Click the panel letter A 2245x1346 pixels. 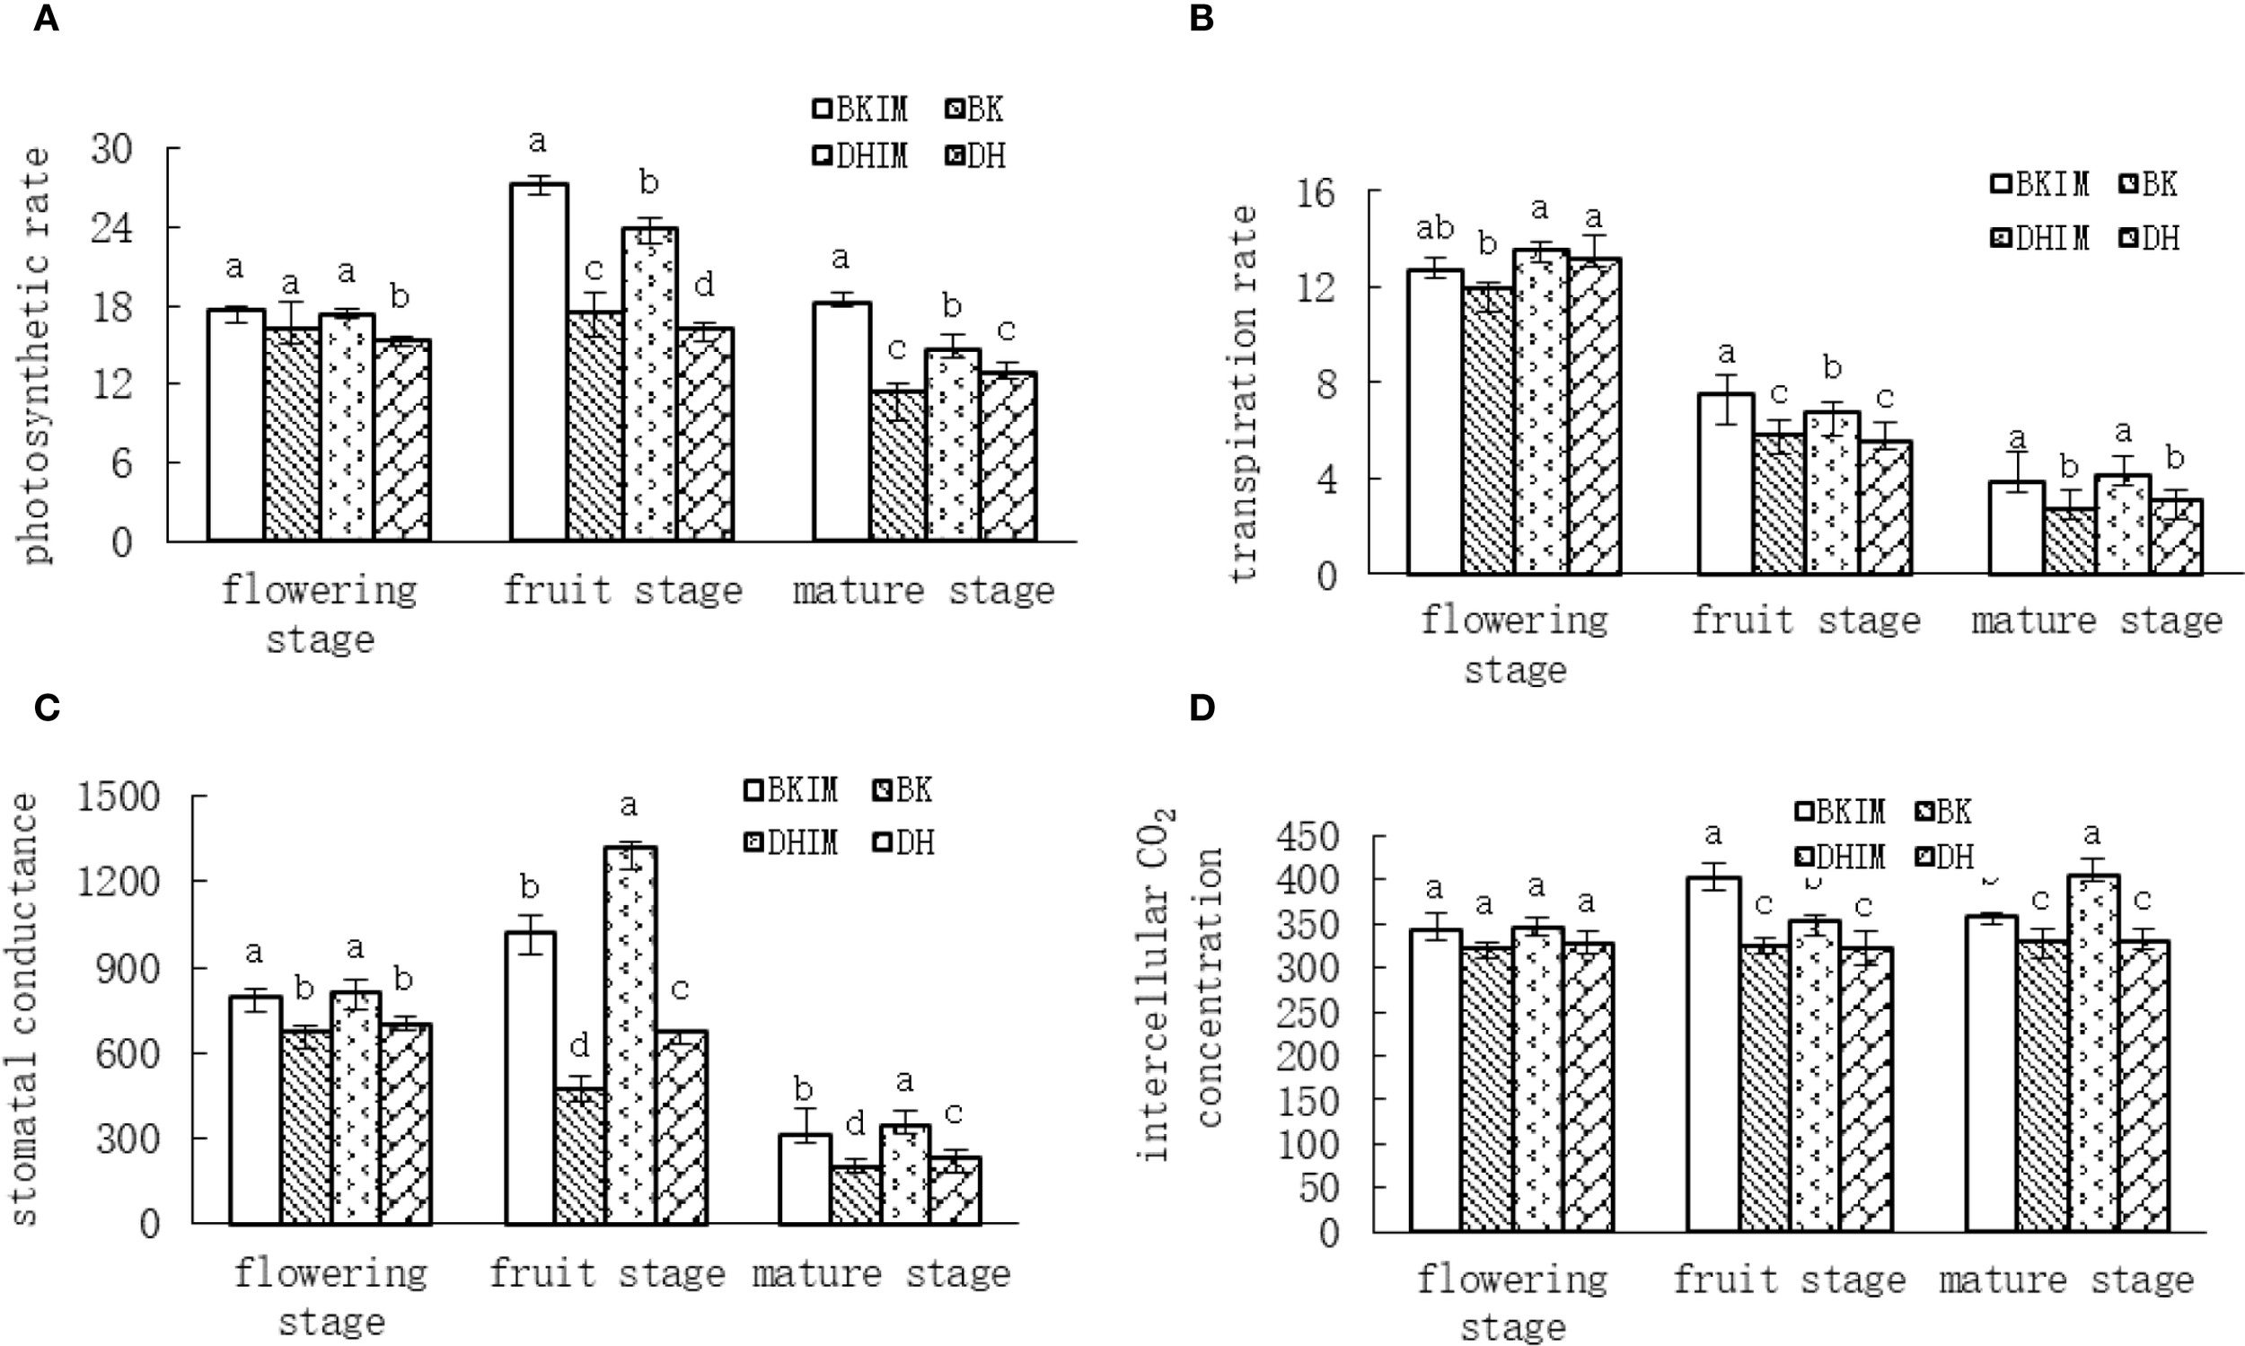tap(46, 18)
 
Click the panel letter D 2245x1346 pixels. tap(1201, 708)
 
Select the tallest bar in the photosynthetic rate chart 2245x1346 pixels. tap(539, 363)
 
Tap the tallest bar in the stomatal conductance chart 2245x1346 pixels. tap(631, 1034)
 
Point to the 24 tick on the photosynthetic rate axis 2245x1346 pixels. tap(111, 228)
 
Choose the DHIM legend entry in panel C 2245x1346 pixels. tap(790, 842)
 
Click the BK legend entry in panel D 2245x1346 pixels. tap(1946, 811)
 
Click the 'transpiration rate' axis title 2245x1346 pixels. tap(1244, 391)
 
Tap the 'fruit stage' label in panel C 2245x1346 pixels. tap(607, 1273)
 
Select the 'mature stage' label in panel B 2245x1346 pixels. tap(2096, 621)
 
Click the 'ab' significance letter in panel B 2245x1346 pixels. tap(1434, 228)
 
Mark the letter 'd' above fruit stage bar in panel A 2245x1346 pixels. tap(704, 284)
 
